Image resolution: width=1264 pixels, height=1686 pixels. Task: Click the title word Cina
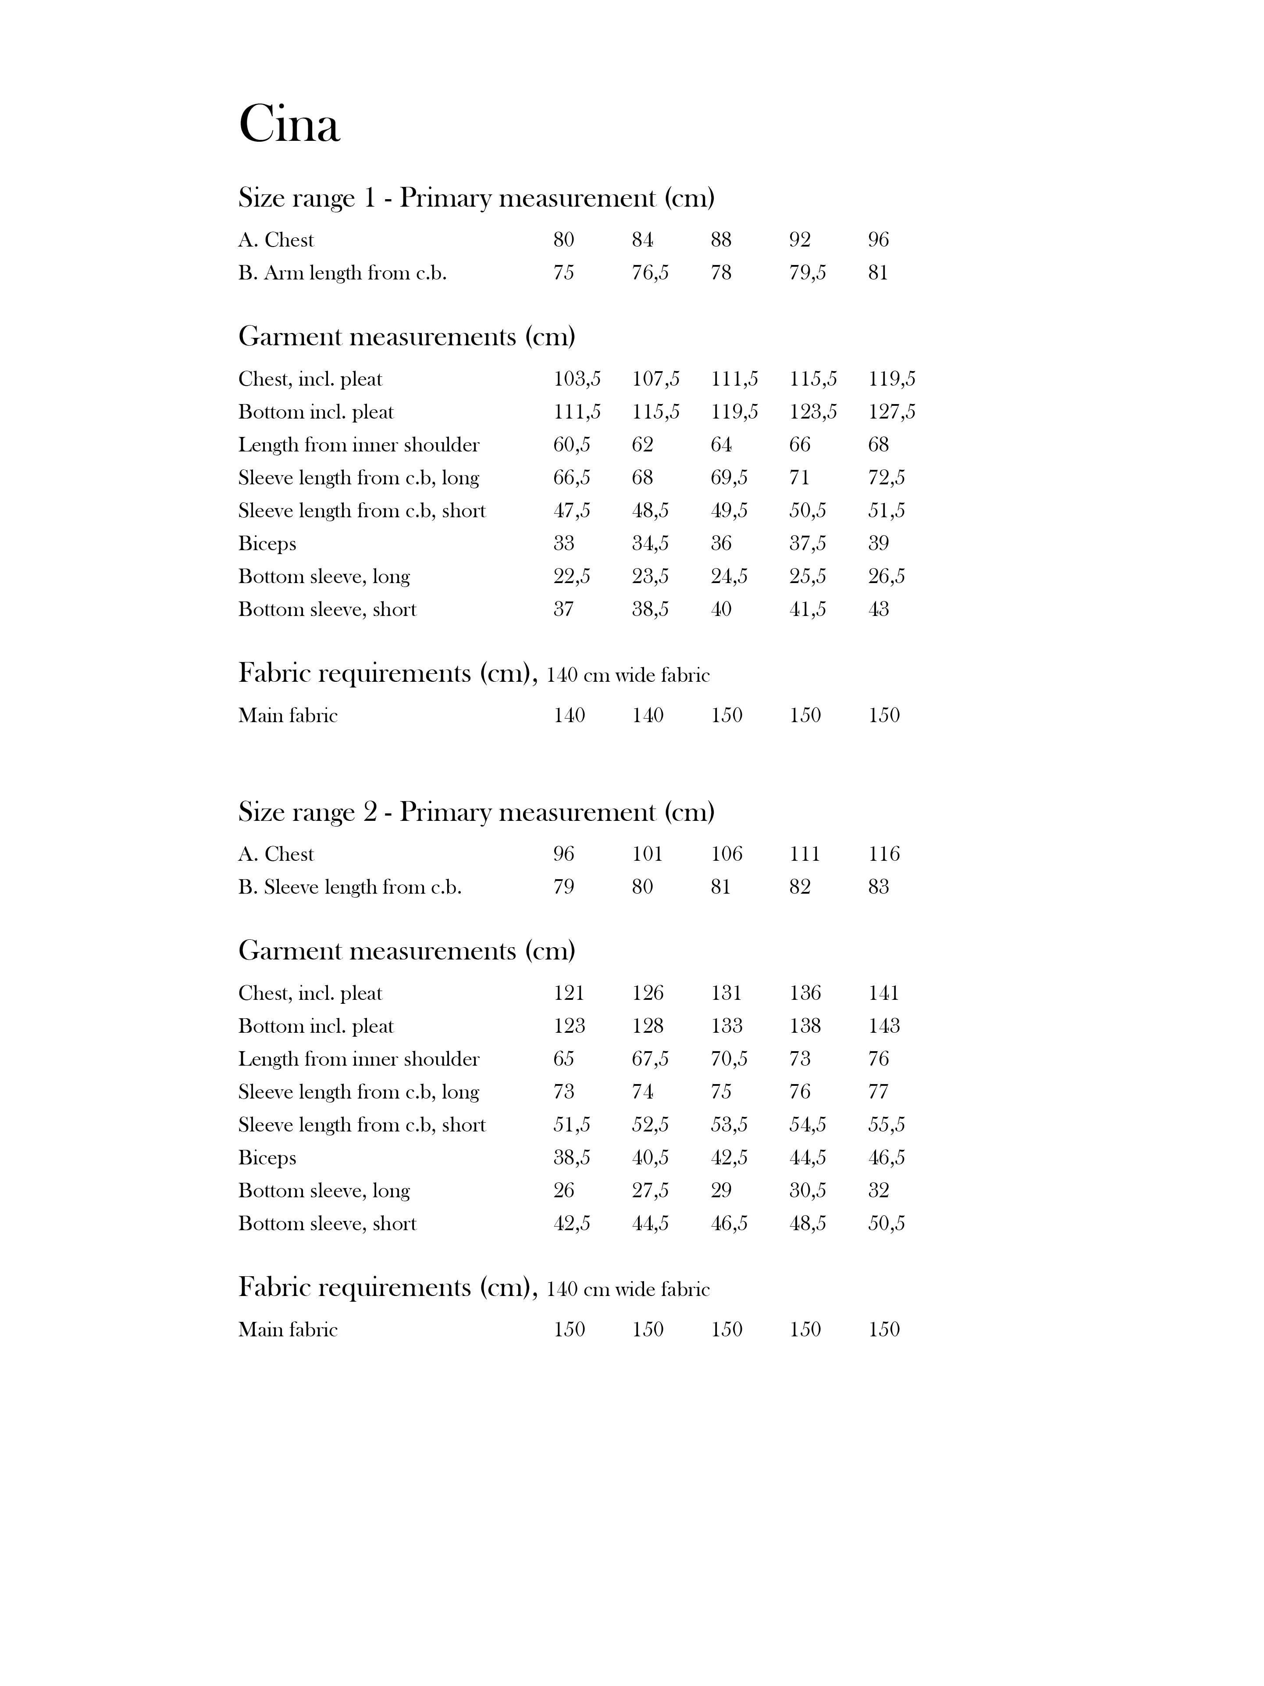(289, 123)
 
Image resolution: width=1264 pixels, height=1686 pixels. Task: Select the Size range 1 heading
(476, 198)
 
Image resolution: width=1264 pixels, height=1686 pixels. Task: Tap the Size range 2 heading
(476, 813)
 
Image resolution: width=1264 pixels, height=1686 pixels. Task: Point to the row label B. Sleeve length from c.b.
(350, 887)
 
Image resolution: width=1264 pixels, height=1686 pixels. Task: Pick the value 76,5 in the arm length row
(650, 273)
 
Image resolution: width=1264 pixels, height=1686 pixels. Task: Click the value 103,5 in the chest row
(577, 379)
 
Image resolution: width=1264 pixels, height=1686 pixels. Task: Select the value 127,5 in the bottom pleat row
(891, 412)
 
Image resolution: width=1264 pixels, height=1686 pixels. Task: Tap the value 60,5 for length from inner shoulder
(571, 445)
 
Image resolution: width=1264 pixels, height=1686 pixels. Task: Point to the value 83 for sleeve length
(879, 887)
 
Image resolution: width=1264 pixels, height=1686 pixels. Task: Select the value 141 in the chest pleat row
(884, 993)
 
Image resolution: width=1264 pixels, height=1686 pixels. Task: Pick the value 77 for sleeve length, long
(879, 1092)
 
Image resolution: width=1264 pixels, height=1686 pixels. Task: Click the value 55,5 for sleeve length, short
(886, 1125)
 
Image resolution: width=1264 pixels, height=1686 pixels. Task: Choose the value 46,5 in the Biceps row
(886, 1158)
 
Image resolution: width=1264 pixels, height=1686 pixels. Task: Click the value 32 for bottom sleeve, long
(879, 1191)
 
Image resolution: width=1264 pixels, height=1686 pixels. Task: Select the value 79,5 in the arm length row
(808, 273)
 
